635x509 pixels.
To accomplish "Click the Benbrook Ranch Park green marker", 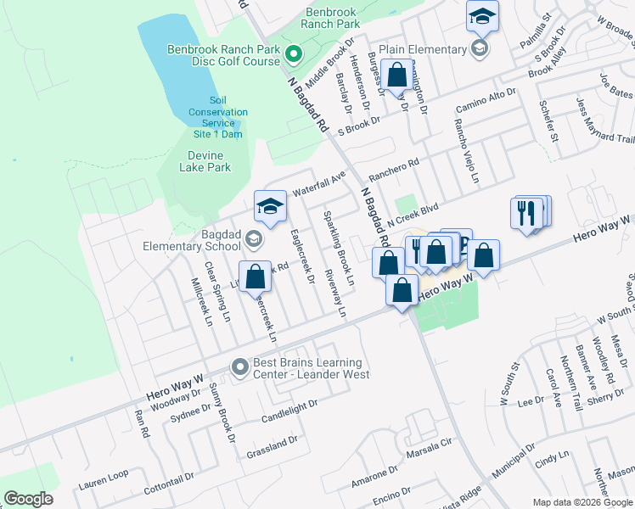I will coord(295,56).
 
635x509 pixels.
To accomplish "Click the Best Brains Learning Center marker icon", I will coord(240,367).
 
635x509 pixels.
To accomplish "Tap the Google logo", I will coord(28,498).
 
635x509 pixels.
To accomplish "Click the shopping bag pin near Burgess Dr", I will coord(396,75).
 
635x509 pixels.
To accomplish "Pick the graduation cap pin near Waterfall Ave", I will coord(270,205).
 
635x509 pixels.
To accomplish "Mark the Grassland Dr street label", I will coord(272,442).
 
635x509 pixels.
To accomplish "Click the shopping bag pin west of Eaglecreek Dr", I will coord(255,276).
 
